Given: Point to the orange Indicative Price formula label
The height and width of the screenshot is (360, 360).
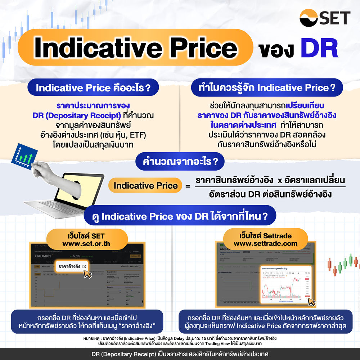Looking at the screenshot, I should tap(145, 185).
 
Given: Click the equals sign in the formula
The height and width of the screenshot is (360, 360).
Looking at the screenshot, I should tap(187, 186).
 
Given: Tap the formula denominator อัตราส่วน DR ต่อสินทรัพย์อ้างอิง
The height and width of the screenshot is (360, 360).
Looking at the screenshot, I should tap(270, 195).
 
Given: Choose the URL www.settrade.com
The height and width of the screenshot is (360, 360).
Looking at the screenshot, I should tap(266, 243).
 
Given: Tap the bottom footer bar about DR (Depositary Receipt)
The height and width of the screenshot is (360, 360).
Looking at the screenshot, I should tap(180, 354).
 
